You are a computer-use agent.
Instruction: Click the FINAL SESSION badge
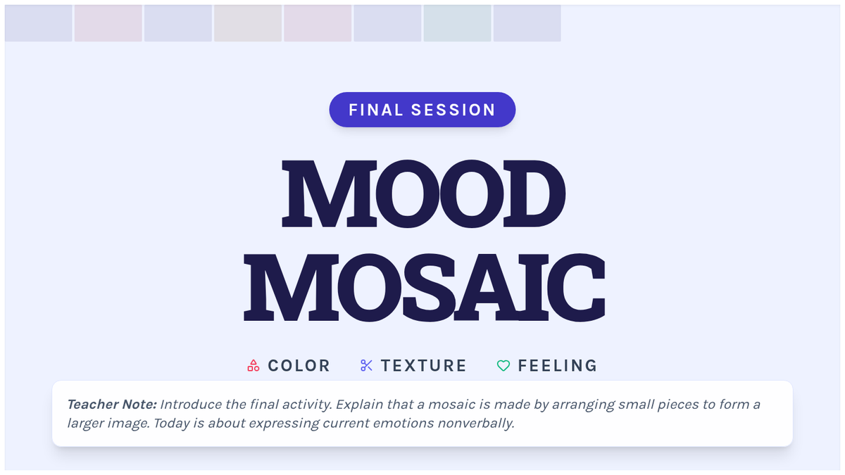(422, 110)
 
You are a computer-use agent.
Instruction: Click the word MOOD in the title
(424, 194)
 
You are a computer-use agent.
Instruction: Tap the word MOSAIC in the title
(425, 287)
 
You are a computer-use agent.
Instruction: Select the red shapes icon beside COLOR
(253, 366)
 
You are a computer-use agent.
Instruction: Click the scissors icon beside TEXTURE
(366, 366)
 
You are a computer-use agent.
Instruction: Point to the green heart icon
(503, 366)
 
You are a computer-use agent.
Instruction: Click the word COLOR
(299, 366)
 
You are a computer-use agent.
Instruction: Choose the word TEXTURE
(424, 366)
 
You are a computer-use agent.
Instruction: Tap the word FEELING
(558, 366)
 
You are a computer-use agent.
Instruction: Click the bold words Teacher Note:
(112, 405)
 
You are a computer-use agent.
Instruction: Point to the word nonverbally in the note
(476, 424)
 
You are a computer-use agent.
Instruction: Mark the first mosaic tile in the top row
(39, 23)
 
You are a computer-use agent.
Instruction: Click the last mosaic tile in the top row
(527, 23)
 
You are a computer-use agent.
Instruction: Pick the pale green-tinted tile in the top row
(457, 23)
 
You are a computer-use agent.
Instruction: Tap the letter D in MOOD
(534, 194)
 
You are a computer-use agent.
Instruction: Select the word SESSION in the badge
(453, 110)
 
